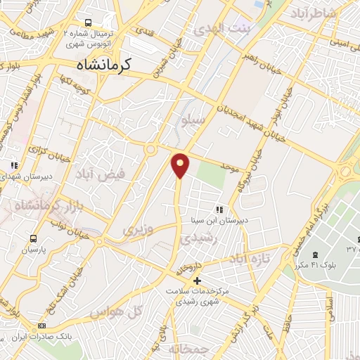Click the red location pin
tap(180, 165)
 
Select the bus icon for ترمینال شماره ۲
tap(89, 22)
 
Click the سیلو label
tap(193, 120)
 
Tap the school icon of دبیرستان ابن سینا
tap(219, 210)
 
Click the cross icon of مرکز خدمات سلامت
tap(197, 281)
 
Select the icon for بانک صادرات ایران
tap(41, 326)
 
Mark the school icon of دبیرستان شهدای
tap(13, 166)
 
